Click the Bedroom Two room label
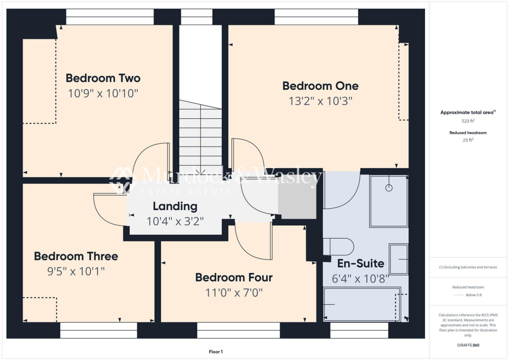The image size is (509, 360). click(103, 78)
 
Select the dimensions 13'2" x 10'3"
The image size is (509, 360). click(320, 101)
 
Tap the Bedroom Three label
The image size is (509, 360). click(76, 256)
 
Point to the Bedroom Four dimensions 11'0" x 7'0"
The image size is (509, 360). click(234, 292)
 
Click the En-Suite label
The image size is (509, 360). click(360, 264)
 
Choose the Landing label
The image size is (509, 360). click(175, 206)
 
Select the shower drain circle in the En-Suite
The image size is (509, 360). click(389, 187)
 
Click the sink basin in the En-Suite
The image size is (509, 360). click(398, 259)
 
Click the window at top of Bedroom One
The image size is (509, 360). click(316, 17)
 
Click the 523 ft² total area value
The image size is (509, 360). click(469, 121)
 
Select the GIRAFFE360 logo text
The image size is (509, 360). click(469, 345)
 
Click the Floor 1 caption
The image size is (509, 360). click(216, 352)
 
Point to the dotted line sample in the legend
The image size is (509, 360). click(458, 295)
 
